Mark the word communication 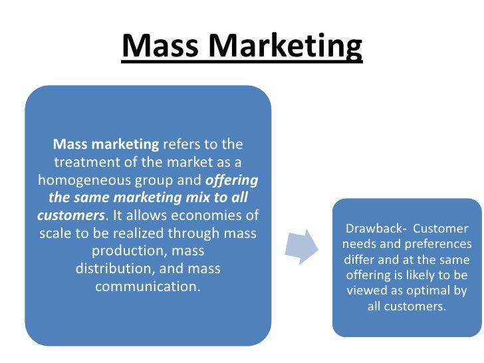click(x=148, y=288)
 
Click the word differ click(x=360, y=260)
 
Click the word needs click(x=360, y=244)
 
